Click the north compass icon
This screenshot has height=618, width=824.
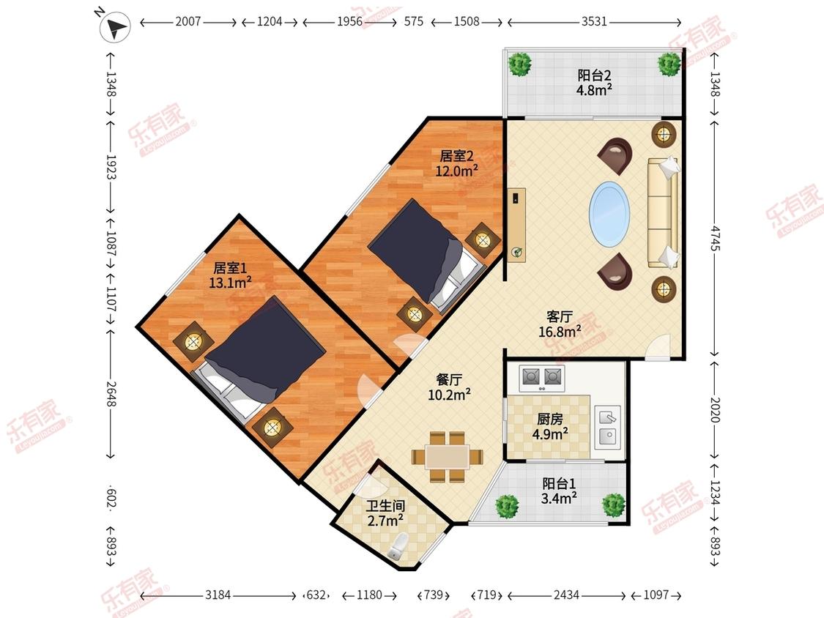pyautogui.click(x=114, y=26)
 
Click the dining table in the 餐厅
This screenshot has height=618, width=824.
pyautogui.click(x=448, y=457)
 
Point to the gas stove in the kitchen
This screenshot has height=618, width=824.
pyautogui.click(x=542, y=378)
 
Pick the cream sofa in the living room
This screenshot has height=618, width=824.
pyautogui.click(x=663, y=212)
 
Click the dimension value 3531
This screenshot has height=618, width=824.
pyautogui.click(x=594, y=21)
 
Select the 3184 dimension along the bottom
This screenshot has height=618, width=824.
pyautogui.click(x=218, y=595)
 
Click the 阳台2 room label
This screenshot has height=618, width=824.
pyautogui.click(x=594, y=75)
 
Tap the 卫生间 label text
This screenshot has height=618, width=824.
pyautogui.click(x=386, y=506)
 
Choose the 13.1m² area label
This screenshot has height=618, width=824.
pyautogui.click(x=230, y=283)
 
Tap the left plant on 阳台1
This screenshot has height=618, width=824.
pyautogui.click(x=507, y=506)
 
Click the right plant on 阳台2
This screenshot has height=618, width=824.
pyautogui.click(x=669, y=64)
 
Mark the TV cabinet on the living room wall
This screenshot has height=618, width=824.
pyautogui.click(x=517, y=224)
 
